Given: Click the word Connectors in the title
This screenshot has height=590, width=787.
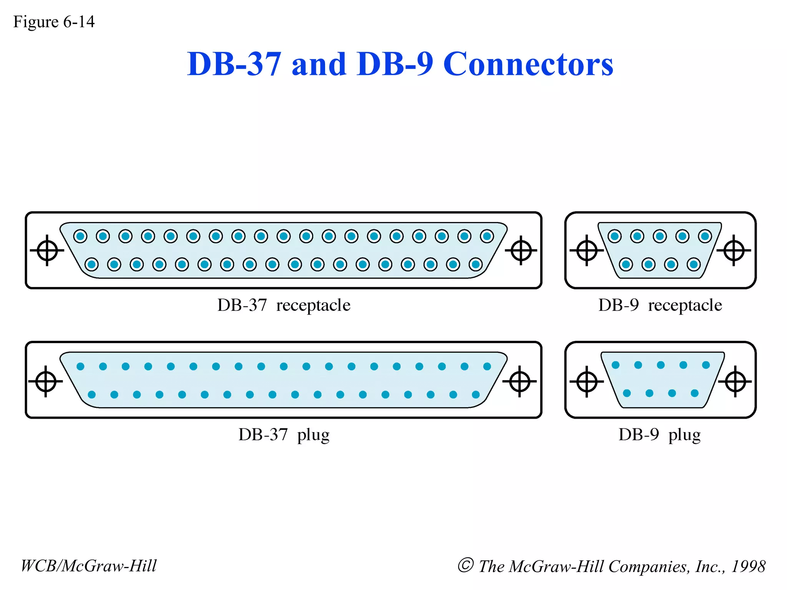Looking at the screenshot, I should click(x=528, y=64).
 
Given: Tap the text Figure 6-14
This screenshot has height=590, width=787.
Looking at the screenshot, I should click(x=54, y=22).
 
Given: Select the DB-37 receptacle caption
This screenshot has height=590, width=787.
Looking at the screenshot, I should click(x=284, y=305).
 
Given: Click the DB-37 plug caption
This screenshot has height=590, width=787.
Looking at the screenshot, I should click(x=284, y=435).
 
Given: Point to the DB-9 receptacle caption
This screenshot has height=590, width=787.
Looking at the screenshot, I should click(x=660, y=305).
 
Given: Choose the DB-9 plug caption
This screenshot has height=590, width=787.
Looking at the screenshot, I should click(x=659, y=435).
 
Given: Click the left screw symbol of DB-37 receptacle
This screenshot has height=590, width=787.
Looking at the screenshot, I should click(x=47, y=250).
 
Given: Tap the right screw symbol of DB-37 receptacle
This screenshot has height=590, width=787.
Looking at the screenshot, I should click(x=521, y=250).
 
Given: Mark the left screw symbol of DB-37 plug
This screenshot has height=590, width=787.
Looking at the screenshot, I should click(x=46, y=381).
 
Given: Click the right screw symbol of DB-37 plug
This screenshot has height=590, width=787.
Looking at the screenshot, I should click(x=520, y=381).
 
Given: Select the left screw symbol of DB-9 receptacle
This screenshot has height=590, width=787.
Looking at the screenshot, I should click(x=587, y=250).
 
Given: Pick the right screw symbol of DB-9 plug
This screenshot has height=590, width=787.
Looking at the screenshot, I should click(x=735, y=381).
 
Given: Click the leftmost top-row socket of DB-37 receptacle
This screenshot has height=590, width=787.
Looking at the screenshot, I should click(x=80, y=236).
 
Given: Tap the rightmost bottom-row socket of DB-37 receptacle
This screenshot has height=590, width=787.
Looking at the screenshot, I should click(x=476, y=264).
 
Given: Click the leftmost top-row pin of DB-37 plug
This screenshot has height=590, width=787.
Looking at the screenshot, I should click(x=80, y=366).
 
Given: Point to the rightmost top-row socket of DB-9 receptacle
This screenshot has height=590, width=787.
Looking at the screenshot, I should click(x=705, y=236).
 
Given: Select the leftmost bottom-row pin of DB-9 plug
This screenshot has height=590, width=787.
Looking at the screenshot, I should click(x=627, y=393).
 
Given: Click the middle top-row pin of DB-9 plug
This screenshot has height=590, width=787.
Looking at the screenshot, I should click(x=661, y=365).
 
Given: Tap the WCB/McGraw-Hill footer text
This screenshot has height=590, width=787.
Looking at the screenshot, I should click(x=89, y=566).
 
